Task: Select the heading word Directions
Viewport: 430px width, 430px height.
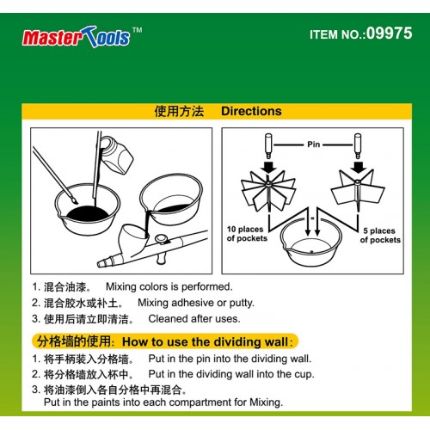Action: pyautogui.click(x=251, y=111)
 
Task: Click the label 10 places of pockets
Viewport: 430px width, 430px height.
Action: pyautogui.click(x=248, y=235)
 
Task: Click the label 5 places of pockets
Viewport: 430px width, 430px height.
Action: pyautogui.click(x=379, y=235)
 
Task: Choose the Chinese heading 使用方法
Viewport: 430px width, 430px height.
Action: pyautogui.click(x=178, y=111)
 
